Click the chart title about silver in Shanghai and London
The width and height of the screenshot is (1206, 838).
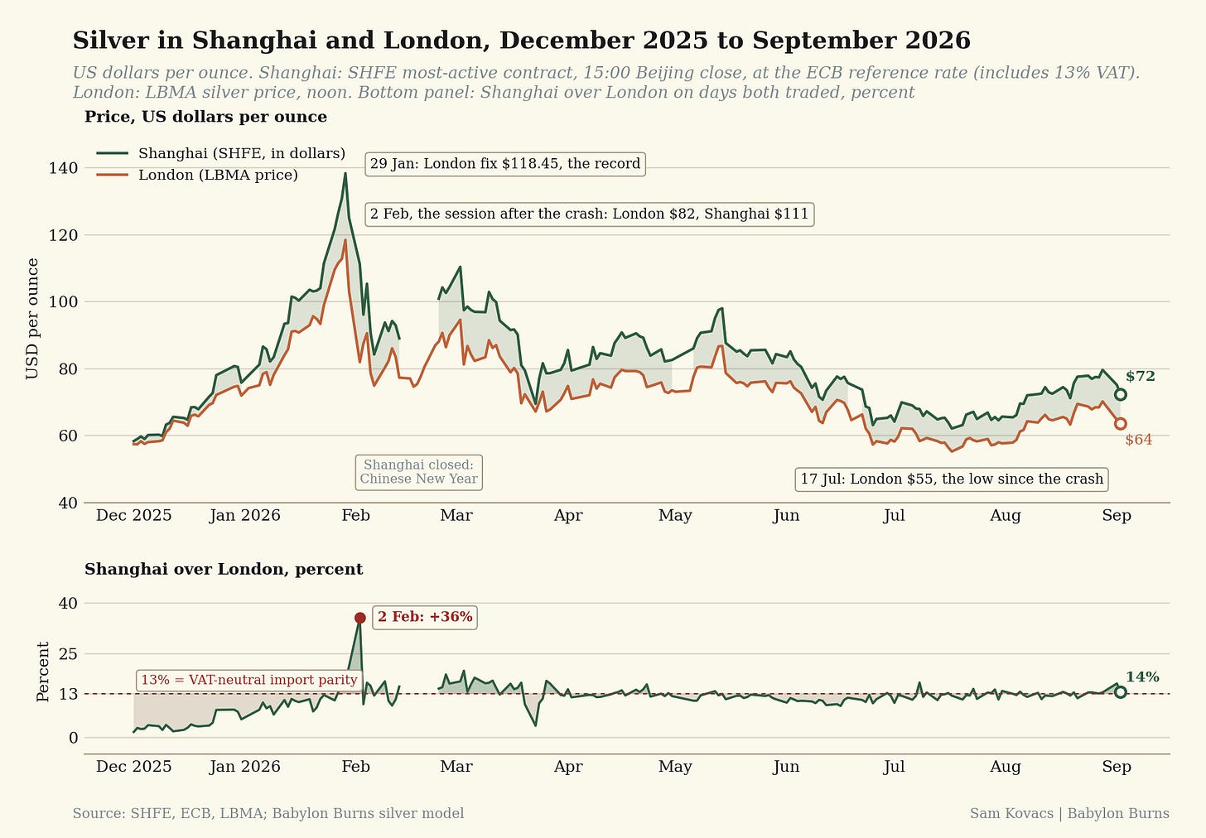pos(521,41)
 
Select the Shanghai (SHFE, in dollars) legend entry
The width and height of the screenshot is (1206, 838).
pos(220,153)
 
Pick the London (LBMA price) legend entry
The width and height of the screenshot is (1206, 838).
pos(197,175)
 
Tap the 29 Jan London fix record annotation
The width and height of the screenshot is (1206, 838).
pos(505,164)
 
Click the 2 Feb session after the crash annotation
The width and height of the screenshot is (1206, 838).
pos(590,214)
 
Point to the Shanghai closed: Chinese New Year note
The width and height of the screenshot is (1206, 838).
pos(419,472)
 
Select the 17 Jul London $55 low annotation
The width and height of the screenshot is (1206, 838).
pos(952,479)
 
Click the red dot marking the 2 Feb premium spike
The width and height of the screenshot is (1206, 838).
pos(359,618)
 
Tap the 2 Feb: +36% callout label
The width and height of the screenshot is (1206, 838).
pos(425,617)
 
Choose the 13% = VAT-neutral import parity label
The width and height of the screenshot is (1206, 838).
pos(249,680)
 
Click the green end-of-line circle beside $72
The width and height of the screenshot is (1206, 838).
pos(1121,394)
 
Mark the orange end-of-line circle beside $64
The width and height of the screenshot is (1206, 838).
pos(1121,424)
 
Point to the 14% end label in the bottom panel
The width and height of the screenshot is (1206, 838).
pos(1142,677)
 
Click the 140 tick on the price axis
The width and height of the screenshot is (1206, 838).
pos(63,168)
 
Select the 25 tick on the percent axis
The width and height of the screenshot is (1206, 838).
pos(68,654)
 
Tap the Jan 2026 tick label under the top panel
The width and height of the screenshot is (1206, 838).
pos(244,516)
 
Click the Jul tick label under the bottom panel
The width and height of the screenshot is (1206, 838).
pos(894,767)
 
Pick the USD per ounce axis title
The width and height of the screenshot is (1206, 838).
pos(32,319)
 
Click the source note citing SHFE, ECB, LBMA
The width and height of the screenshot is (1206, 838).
pos(268,813)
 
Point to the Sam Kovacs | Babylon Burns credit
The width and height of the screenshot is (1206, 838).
pos(1069,813)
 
